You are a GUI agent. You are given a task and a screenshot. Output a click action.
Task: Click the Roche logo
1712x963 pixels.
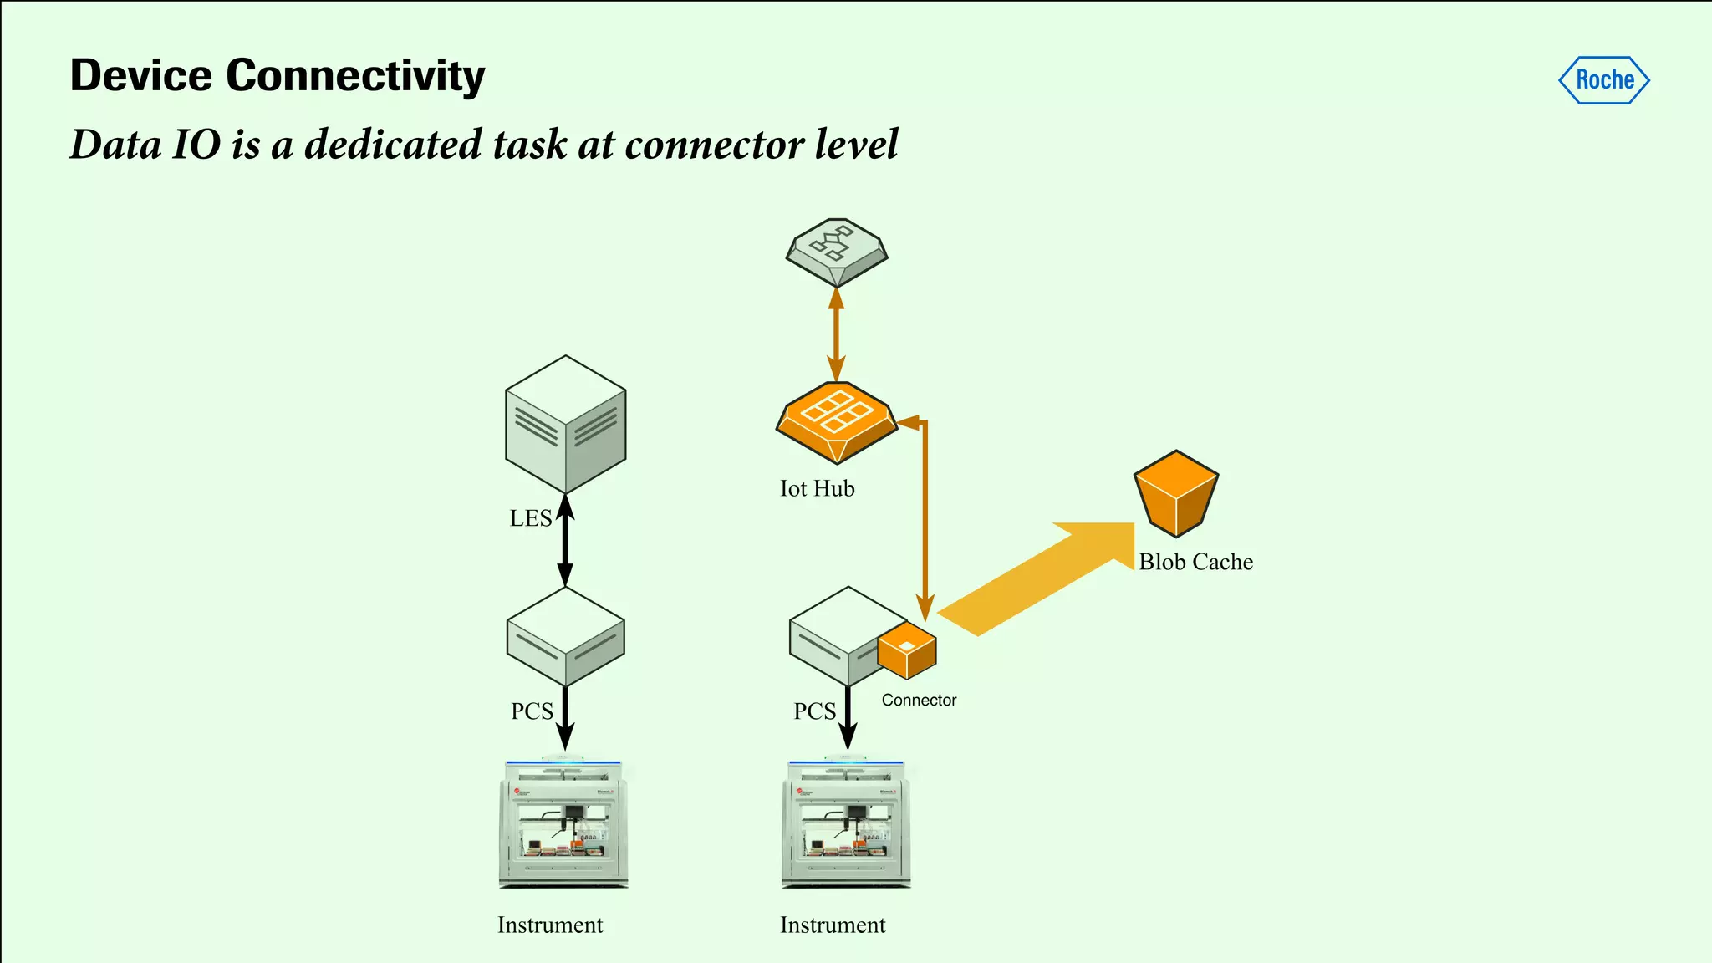click(x=1603, y=80)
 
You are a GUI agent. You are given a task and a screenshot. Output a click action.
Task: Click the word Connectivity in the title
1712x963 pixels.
click(x=355, y=76)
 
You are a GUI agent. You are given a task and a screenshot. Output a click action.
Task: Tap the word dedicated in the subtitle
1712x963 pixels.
click(x=393, y=144)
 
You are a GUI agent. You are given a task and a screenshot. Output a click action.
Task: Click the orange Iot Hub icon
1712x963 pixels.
click(x=837, y=420)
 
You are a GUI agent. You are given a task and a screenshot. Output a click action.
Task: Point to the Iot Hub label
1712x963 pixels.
click(x=817, y=489)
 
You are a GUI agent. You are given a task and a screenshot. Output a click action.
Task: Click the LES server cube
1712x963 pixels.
click(x=566, y=424)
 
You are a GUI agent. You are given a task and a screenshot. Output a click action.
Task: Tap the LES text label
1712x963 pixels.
click(x=530, y=518)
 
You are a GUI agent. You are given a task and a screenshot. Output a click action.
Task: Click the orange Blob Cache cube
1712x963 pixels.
click(x=1176, y=493)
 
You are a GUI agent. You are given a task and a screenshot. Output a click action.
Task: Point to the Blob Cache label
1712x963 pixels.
click(x=1195, y=562)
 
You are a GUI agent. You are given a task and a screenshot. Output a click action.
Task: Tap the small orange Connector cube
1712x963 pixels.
click(x=907, y=650)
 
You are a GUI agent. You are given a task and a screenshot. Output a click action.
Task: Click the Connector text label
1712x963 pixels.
click(x=919, y=701)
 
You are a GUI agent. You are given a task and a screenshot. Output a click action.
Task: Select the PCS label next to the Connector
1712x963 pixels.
click(x=814, y=711)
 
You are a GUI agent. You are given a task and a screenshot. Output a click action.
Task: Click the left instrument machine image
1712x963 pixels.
click(x=563, y=823)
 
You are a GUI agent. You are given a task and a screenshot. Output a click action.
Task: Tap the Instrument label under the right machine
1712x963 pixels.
click(x=833, y=925)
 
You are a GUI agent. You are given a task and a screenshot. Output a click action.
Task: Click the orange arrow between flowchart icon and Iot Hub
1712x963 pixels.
click(x=836, y=334)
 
